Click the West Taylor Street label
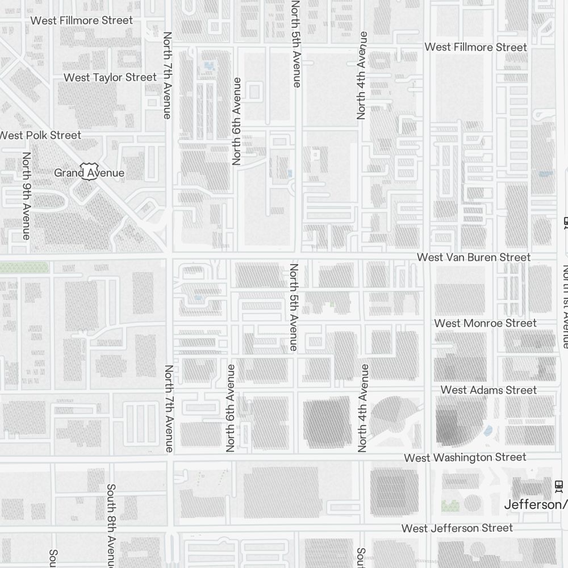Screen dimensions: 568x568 [x=110, y=77]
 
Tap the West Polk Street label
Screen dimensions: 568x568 [x=40, y=135]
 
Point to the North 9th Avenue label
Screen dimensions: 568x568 [x=26, y=195]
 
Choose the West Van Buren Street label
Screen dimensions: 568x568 [x=473, y=257]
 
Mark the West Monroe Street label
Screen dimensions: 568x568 [x=485, y=323]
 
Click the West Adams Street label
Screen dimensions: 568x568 [x=488, y=390]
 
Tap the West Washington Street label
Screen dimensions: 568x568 [x=465, y=457]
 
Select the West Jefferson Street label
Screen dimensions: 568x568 [x=457, y=528]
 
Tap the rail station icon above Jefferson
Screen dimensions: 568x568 [x=559, y=486]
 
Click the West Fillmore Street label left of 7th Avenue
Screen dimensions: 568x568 [x=81, y=20]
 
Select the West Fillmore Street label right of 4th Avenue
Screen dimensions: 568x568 [x=475, y=47]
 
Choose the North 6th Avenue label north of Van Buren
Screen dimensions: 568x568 [x=237, y=121]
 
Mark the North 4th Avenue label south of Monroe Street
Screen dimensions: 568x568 [x=364, y=408]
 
